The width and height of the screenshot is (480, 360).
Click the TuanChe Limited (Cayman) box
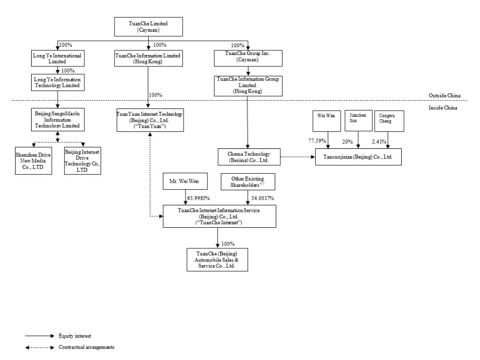(148, 26)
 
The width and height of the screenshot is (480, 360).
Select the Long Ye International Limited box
(58, 58)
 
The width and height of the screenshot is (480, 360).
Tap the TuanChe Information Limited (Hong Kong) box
(148, 58)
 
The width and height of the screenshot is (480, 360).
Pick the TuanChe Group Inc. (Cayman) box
(248, 58)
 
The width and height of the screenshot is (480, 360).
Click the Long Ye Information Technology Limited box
(58, 82)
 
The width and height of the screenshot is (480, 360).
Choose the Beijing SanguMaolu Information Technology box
(58, 119)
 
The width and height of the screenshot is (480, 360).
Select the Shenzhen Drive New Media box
(33, 161)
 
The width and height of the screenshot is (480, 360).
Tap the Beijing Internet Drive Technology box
(82, 161)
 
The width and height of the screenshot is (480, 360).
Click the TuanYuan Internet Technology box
(150, 120)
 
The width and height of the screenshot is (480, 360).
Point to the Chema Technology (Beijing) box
(249, 157)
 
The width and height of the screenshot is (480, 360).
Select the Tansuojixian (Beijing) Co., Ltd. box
(358, 157)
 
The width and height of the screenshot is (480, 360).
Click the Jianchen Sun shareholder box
(359, 121)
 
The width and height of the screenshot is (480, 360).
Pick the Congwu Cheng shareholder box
(389, 121)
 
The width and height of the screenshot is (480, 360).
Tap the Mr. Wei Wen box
(185, 181)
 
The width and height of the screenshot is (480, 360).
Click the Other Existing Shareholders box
(248, 182)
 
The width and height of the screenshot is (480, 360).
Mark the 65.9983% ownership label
(199, 198)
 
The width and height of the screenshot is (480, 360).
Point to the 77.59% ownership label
(317, 141)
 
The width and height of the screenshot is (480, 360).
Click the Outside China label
(444, 95)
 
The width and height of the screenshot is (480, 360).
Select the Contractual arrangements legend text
(87, 347)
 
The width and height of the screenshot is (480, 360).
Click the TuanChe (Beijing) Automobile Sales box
(217, 260)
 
